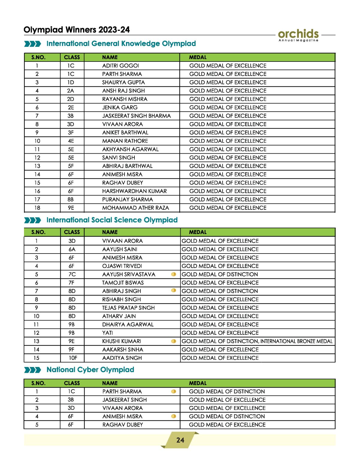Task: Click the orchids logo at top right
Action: (298, 35)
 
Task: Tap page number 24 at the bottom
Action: (180, 440)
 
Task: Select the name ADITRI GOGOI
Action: (121, 66)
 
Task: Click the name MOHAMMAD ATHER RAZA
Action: (136, 208)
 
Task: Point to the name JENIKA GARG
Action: (120, 107)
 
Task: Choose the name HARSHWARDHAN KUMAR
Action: (134, 191)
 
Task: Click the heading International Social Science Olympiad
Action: (112, 220)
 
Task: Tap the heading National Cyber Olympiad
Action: (90, 370)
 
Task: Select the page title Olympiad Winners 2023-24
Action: (77, 30)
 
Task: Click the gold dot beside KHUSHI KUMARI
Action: (173, 341)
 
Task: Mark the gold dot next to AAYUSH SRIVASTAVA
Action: (173, 274)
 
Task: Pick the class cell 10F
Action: (73, 358)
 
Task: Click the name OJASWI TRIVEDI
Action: (122, 266)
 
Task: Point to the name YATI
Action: (107, 333)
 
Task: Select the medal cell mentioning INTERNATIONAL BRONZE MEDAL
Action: (257, 341)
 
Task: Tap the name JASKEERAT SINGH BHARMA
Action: (136, 116)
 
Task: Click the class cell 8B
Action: (70, 200)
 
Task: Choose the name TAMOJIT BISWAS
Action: (123, 283)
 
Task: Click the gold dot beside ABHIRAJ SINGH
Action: (173, 290)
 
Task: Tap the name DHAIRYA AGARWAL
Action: (128, 324)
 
